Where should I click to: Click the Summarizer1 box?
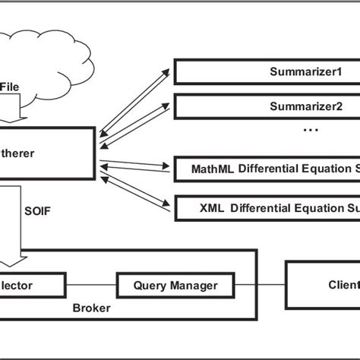(x=266, y=71)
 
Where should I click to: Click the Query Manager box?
(x=175, y=286)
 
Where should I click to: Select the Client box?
(x=322, y=286)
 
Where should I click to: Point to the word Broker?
(x=92, y=309)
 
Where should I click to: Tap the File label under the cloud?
(x=10, y=87)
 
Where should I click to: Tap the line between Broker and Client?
(x=271, y=286)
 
